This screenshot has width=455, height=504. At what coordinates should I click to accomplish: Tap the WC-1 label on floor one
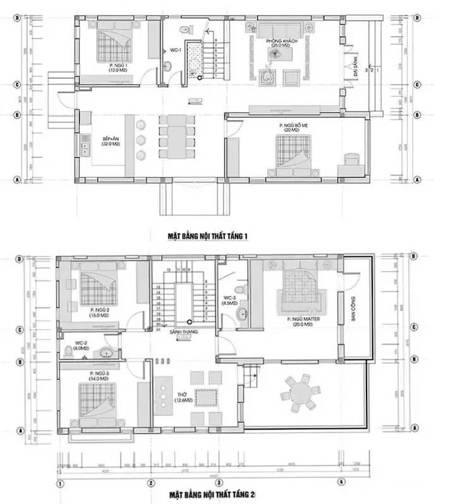pos(176,50)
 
